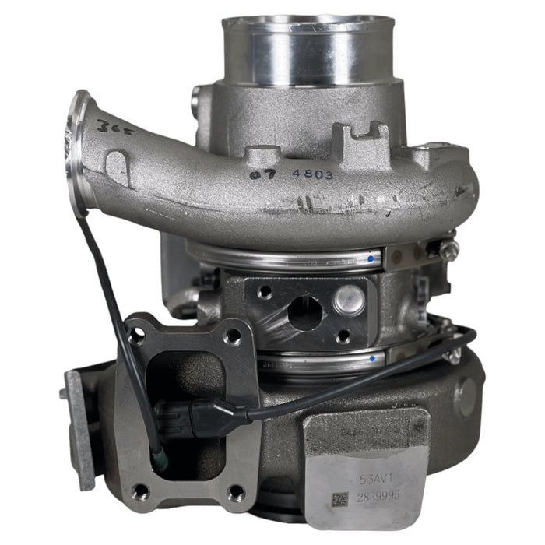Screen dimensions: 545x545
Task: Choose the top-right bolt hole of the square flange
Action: [233, 337]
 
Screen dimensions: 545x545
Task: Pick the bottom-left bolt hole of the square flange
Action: [140, 491]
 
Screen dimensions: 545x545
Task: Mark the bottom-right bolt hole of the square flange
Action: [235, 492]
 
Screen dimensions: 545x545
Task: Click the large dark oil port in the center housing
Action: [304, 312]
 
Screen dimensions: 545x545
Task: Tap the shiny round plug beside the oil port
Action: [348, 299]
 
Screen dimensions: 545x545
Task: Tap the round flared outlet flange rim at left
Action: [78, 152]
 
